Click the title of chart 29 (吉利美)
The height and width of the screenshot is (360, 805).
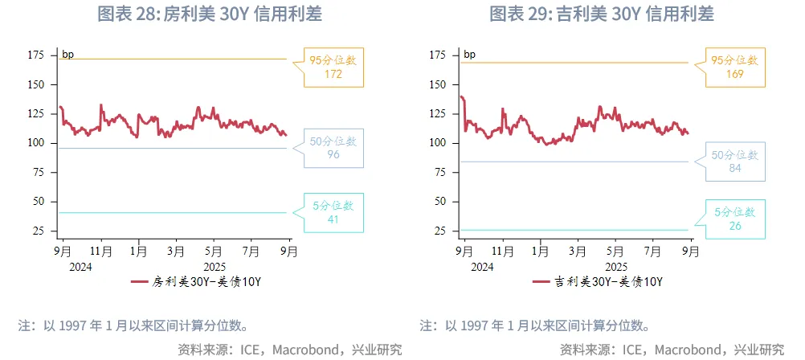click(x=602, y=14)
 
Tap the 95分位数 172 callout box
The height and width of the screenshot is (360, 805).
click(x=333, y=67)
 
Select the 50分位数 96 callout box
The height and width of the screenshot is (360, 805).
click(x=333, y=148)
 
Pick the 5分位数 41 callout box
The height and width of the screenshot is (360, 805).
click(x=333, y=213)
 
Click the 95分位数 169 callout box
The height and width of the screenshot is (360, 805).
click(x=735, y=67)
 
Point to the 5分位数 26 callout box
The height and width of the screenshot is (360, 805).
click(x=735, y=219)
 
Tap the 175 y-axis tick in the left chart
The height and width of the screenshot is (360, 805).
click(x=35, y=55)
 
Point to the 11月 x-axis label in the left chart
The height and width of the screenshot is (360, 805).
click(x=101, y=251)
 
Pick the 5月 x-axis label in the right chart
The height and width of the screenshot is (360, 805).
click(x=615, y=251)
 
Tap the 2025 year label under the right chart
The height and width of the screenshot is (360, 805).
click(x=615, y=265)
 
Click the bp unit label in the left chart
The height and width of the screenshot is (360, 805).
click(x=68, y=55)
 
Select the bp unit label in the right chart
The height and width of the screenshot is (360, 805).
click(x=470, y=55)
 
